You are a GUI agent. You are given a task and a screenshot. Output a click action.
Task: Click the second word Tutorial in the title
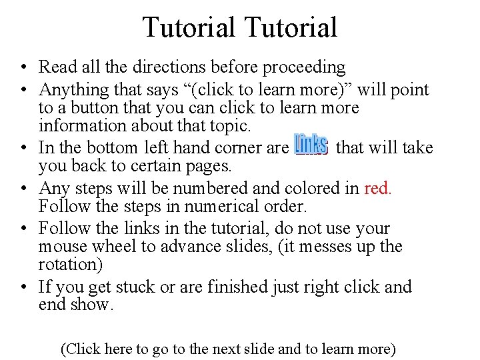291,28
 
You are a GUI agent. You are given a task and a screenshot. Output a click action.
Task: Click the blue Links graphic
311,145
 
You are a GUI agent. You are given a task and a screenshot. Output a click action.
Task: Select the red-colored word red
378,188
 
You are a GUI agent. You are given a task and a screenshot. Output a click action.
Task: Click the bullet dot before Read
23,68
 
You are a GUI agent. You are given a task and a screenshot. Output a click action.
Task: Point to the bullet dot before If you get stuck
23,288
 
